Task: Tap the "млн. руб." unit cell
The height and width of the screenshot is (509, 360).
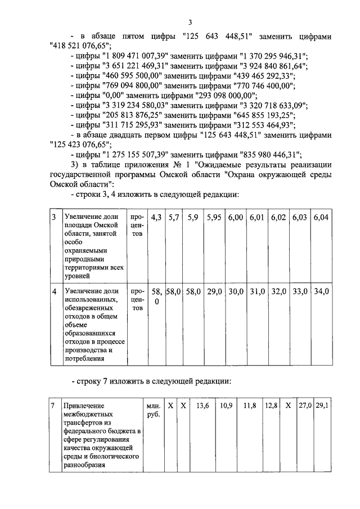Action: tap(153, 410)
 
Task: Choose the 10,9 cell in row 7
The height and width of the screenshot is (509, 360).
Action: tap(226, 405)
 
